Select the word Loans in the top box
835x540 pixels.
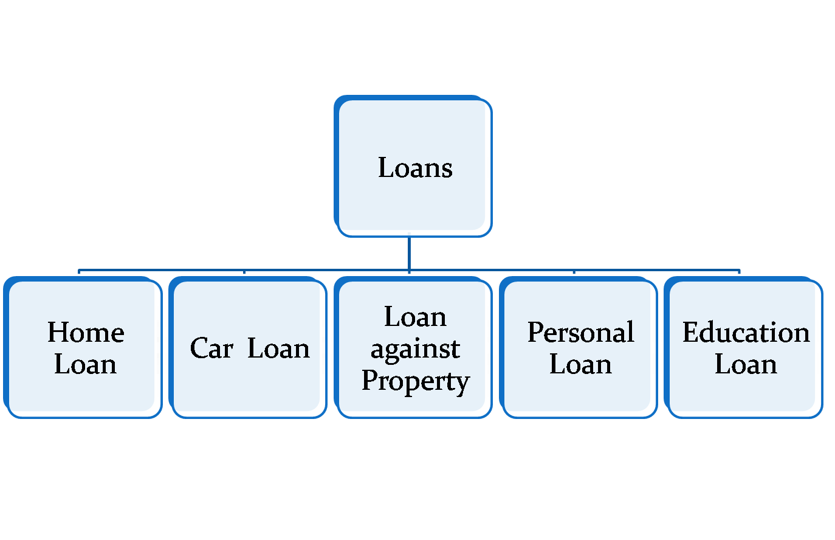pos(415,168)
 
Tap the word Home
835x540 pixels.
pos(86,333)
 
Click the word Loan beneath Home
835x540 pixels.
pos(85,364)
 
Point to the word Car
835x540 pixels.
pos(211,348)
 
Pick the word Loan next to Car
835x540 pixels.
pos(278,348)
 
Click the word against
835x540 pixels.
pos(415,349)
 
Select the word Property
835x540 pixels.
pos(415,381)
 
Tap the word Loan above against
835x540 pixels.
pos(415,317)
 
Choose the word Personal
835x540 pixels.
pos(580,333)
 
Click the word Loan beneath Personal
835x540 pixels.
pos(580,364)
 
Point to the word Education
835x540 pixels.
pos(746,333)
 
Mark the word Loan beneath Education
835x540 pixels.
pos(746,364)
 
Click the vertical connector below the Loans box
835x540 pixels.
pos(409,252)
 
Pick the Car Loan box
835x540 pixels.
pos(249,389)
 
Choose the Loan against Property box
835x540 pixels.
pos(415,404)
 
